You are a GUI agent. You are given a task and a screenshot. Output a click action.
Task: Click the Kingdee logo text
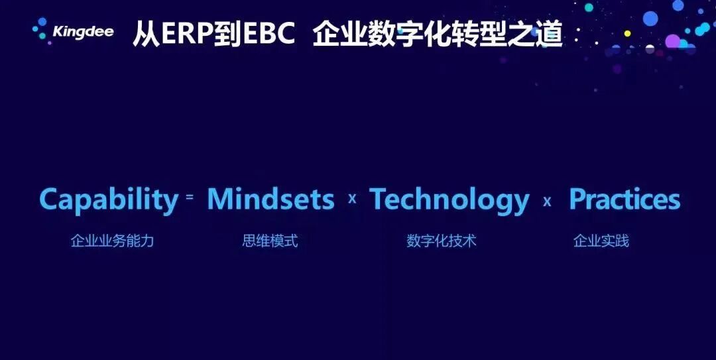click(x=83, y=32)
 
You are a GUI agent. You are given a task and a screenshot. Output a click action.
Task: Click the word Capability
click(x=109, y=200)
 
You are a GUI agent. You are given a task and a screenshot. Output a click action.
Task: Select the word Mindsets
click(x=270, y=199)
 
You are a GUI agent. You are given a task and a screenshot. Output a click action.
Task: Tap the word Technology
click(x=449, y=200)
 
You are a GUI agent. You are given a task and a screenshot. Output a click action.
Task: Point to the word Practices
click(x=625, y=199)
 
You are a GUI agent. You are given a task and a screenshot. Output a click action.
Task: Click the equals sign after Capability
click(x=190, y=197)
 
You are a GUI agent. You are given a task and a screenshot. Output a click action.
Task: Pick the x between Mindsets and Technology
click(x=352, y=198)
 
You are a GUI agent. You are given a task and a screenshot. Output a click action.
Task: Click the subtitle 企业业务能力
click(x=112, y=241)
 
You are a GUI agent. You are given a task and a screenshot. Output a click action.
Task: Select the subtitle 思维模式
click(x=270, y=241)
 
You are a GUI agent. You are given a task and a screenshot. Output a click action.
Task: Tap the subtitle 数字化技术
click(x=442, y=241)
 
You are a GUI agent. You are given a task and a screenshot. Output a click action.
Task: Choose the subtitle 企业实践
click(x=601, y=241)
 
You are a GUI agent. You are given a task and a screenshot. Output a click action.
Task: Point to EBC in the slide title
click(x=268, y=34)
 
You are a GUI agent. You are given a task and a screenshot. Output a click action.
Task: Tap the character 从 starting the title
click(x=146, y=34)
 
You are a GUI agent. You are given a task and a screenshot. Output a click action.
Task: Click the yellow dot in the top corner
click(x=627, y=33)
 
